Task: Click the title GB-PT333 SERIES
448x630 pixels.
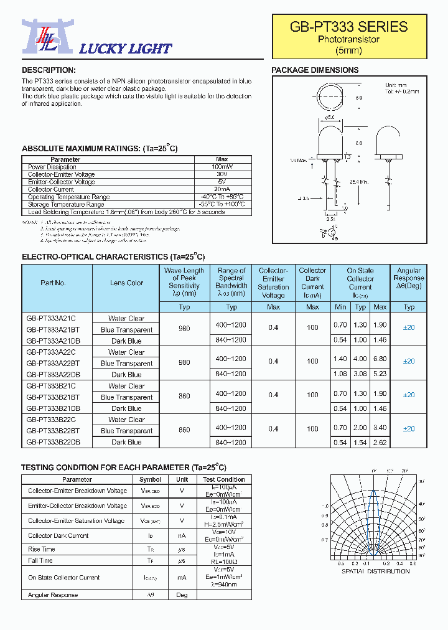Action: click(x=348, y=27)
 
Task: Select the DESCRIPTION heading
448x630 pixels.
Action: click(x=49, y=70)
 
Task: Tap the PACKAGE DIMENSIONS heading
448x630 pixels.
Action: click(x=315, y=70)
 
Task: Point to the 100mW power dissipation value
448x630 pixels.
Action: click(x=222, y=167)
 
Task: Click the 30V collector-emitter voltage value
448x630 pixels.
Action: click(x=222, y=175)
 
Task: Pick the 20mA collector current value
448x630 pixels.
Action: click(x=222, y=190)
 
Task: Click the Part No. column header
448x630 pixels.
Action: click(x=54, y=283)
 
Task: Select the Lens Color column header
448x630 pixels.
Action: click(x=126, y=283)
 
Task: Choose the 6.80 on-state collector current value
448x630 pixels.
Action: click(x=380, y=361)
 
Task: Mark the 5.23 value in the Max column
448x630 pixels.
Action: click(x=380, y=374)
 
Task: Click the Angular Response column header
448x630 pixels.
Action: click(x=409, y=278)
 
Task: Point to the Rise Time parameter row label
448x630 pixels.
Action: click(x=42, y=549)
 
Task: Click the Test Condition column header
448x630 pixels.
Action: click(x=223, y=479)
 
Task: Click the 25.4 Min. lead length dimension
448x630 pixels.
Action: click(x=358, y=182)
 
